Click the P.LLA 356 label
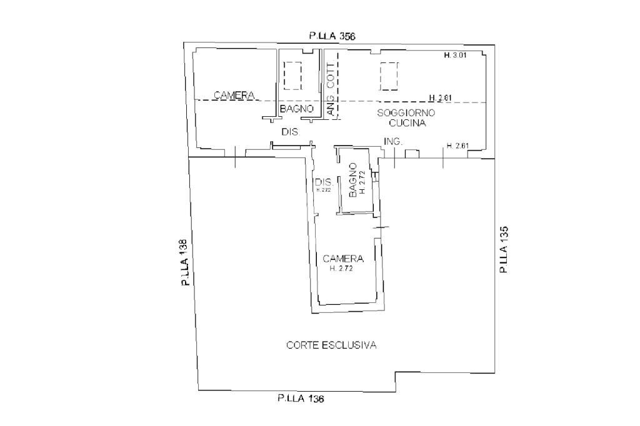tap(332, 37)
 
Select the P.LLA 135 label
tap(503, 249)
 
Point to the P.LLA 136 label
tap(301, 399)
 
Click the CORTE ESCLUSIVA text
tap(331, 345)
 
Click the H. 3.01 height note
tap(456, 56)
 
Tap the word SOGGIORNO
tap(406, 113)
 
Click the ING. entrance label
tap(392, 142)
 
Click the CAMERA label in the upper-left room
tap(234, 95)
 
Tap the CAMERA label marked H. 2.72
tap(343, 258)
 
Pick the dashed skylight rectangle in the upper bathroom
tap(292, 76)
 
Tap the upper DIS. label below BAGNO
tap(291, 132)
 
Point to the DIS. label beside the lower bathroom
tap(324, 182)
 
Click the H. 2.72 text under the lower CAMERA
tap(342, 269)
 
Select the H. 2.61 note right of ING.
tap(457, 146)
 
